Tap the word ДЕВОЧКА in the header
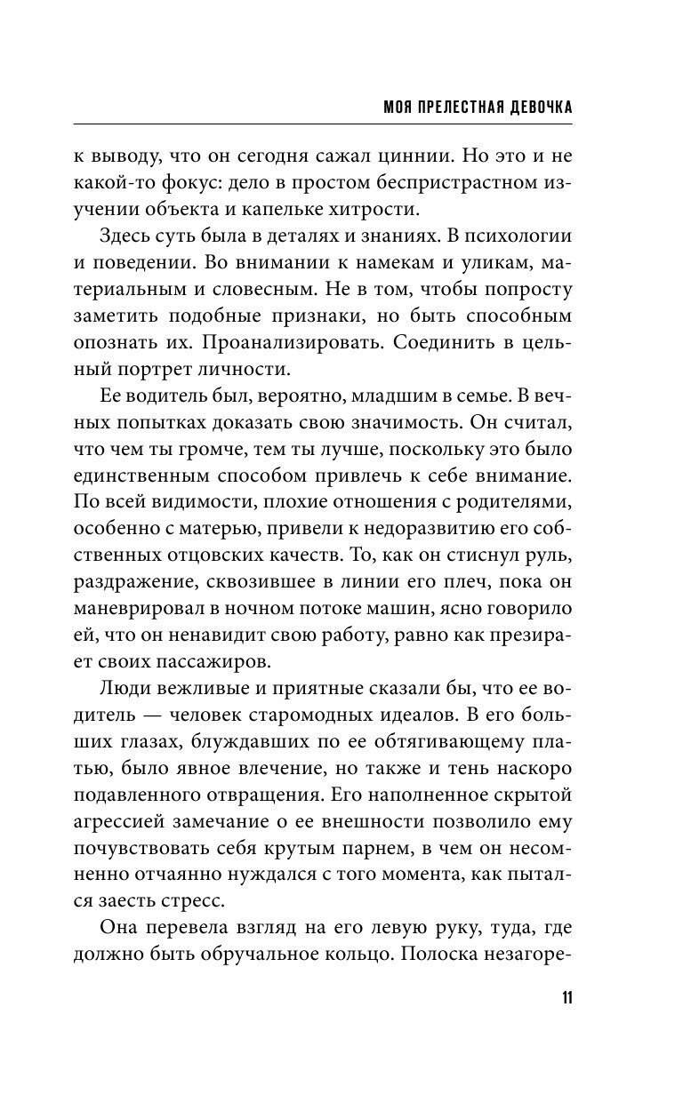(531, 108)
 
